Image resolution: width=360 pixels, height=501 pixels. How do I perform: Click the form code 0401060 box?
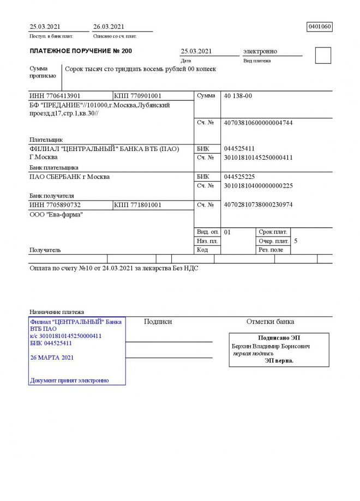(x=320, y=27)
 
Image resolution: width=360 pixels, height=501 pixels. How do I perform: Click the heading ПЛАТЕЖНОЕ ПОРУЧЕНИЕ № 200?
(x=81, y=51)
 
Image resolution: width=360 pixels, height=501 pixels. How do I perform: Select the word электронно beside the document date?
(x=260, y=51)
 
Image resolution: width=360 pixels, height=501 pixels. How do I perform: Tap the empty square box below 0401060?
(x=323, y=56)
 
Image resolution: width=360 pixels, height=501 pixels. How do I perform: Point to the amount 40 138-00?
(x=238, y=96)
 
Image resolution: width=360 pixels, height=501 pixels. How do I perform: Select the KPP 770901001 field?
(x=138, y=96)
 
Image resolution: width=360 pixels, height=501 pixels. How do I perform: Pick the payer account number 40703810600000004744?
(x=258, y=123)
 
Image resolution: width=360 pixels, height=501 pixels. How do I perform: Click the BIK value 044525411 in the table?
(x=239, y=149)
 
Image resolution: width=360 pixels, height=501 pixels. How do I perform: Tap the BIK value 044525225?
(x=239, y=177)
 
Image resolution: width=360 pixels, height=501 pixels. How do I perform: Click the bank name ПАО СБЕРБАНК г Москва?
(x=69, y=177)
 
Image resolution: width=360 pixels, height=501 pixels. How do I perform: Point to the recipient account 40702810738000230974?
(x=258, y=205)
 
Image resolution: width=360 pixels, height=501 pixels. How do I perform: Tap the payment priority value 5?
(x=296, y=240)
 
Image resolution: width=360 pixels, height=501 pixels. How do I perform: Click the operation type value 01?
(x=227, y=232)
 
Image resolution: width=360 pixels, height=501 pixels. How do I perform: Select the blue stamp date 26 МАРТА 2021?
(x=52, y=358)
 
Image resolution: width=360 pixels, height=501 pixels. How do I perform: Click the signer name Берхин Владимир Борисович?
(x=271, y=346)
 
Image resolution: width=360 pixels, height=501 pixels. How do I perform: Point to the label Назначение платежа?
(x=57, y=312)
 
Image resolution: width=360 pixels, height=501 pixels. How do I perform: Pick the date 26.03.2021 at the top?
(x=109, y=27)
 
